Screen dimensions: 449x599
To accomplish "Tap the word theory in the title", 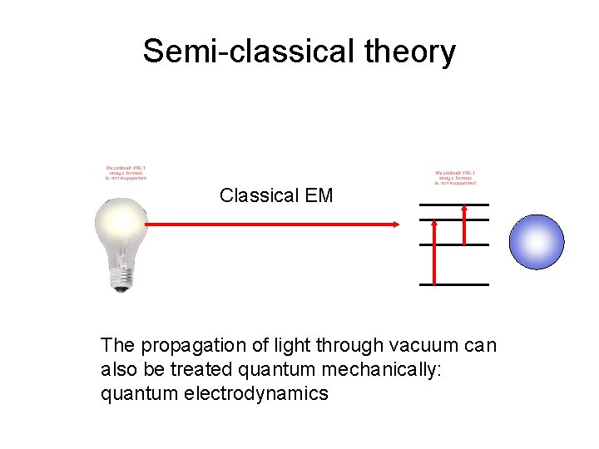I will coord(410,52).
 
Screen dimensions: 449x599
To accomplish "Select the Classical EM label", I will coord(276,195).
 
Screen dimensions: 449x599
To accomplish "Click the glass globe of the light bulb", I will coord(121,224).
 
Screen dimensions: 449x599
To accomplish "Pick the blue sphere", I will coord(536,242).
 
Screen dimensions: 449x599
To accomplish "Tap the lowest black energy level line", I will coord(453,284).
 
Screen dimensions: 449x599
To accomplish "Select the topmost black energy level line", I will coord(453,205).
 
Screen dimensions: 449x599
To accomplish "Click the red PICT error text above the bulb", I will coord(126,171).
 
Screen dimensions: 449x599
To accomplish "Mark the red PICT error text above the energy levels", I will coord(455,178).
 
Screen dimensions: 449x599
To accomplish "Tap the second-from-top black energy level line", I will coord(453,220).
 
